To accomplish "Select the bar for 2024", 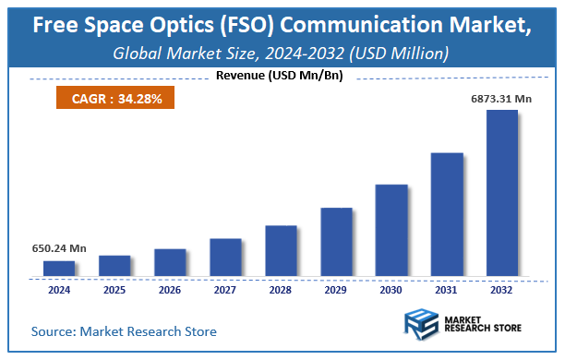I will point(59,268).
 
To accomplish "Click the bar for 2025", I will point(114,265).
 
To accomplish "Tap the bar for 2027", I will point(225,257).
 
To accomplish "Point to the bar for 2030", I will point(391,230).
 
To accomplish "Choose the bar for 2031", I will point(447,214).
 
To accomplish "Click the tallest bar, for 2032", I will point(502,193).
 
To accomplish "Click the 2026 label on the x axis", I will point(170,289).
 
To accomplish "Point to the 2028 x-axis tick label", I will point(281,289).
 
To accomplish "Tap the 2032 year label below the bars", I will point(502,289).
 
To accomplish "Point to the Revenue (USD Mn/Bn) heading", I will point(282,77).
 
